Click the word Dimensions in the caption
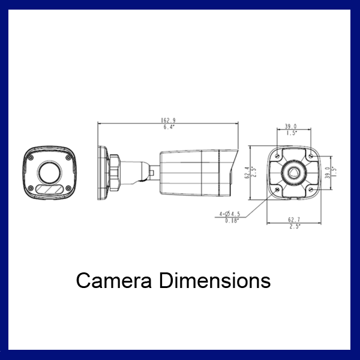click(215, 280)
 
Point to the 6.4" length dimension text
click(168, 128)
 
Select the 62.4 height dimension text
click(246, 172)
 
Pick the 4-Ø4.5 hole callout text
click(230, 213)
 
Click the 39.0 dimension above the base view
click(290, 127)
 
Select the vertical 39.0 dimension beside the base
click(327, 172)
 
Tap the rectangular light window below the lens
click(49, 190)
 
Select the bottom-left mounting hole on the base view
click(276, 189)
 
